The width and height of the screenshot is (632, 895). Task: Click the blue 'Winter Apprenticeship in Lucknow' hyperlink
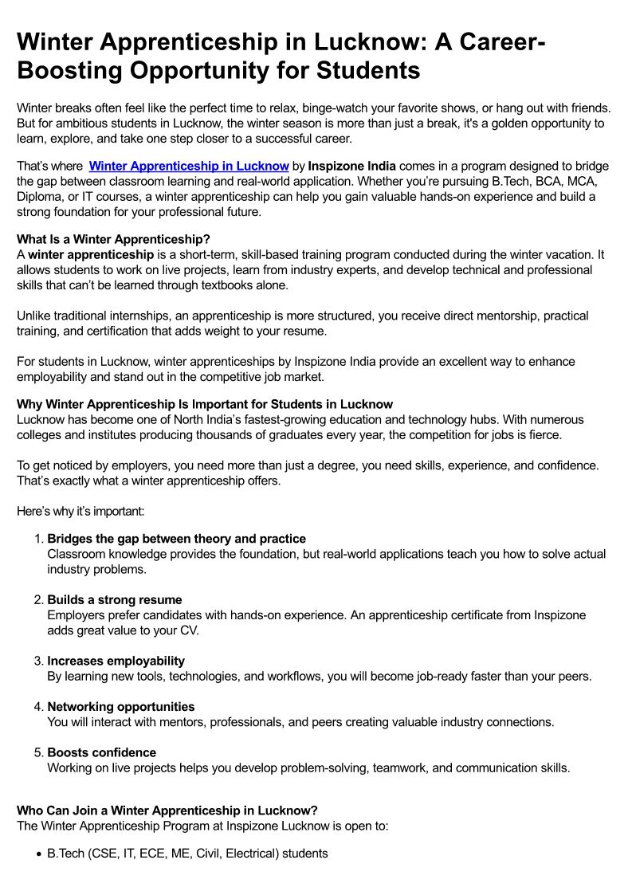(x=188, y=166)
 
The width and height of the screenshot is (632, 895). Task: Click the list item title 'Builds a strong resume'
(x=115, y=599)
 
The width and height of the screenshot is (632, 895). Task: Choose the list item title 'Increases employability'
(x=116, y=661)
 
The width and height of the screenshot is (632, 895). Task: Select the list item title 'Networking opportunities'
(x=121, y=706)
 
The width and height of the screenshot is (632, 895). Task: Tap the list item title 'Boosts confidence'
(x=102, y=752)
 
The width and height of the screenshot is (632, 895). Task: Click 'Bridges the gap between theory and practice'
(x=176, y=539)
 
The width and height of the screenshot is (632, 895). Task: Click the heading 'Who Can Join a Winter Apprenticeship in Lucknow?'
(x=167, y=811)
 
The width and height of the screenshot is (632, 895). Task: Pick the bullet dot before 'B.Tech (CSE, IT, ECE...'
(x=39, y=854)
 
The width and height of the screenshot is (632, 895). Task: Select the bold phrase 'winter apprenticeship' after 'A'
(x=91, y=255)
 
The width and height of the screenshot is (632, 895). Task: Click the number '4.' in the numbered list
(x=39, y=706)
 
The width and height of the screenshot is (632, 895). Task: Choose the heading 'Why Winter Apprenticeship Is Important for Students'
(x=205, y=404)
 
